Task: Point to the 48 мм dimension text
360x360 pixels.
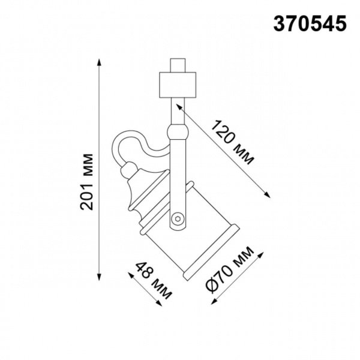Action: pyautogui.click(x=153, y=280)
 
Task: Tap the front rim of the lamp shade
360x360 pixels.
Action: pyautogui.click(x=211, y=252)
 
